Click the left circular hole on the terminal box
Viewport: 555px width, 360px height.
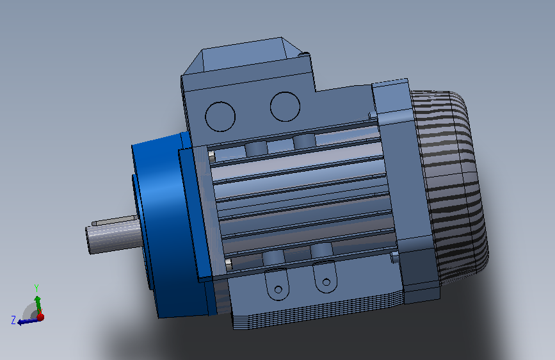tap(220, 117)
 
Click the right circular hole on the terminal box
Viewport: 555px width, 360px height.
tap(285, 106)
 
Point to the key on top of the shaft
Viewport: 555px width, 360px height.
tap(114, 220)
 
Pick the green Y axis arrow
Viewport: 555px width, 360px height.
tap(38, 305)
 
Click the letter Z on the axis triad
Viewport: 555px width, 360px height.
tap(13, 320)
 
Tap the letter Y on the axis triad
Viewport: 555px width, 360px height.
tap(36, 288)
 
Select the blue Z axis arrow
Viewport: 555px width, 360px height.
tap(28, 322)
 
